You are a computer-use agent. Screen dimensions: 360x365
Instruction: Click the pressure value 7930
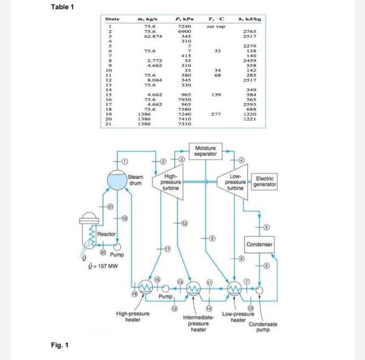point(186,99)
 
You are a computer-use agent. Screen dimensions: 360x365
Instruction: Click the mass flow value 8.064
point(152,80)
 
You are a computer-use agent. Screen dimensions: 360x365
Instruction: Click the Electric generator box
point(264,182)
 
